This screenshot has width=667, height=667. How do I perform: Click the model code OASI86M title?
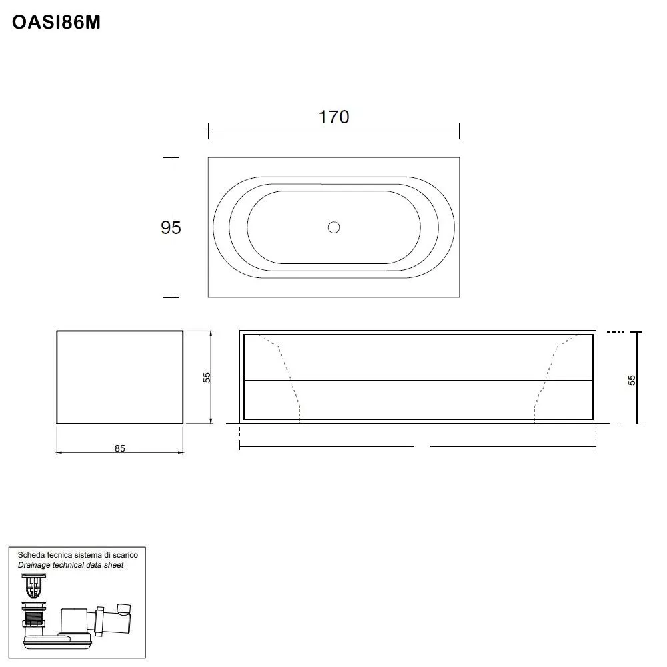pos(56,23)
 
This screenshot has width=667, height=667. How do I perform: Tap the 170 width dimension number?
pos(333,117)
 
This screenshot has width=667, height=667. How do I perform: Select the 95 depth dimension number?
pos(171,228)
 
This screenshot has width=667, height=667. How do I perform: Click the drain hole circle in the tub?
pos(334,227)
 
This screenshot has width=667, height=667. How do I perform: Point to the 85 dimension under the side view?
pos(119,448)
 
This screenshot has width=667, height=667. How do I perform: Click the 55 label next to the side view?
pos(207,377)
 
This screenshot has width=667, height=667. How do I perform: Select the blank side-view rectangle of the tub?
pos(119,377)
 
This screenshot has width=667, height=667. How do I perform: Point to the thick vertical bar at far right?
pos(638,378)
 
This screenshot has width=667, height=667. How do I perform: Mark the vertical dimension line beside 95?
pos(171,267)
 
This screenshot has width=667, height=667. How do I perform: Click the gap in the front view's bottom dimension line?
pos(422,447)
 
